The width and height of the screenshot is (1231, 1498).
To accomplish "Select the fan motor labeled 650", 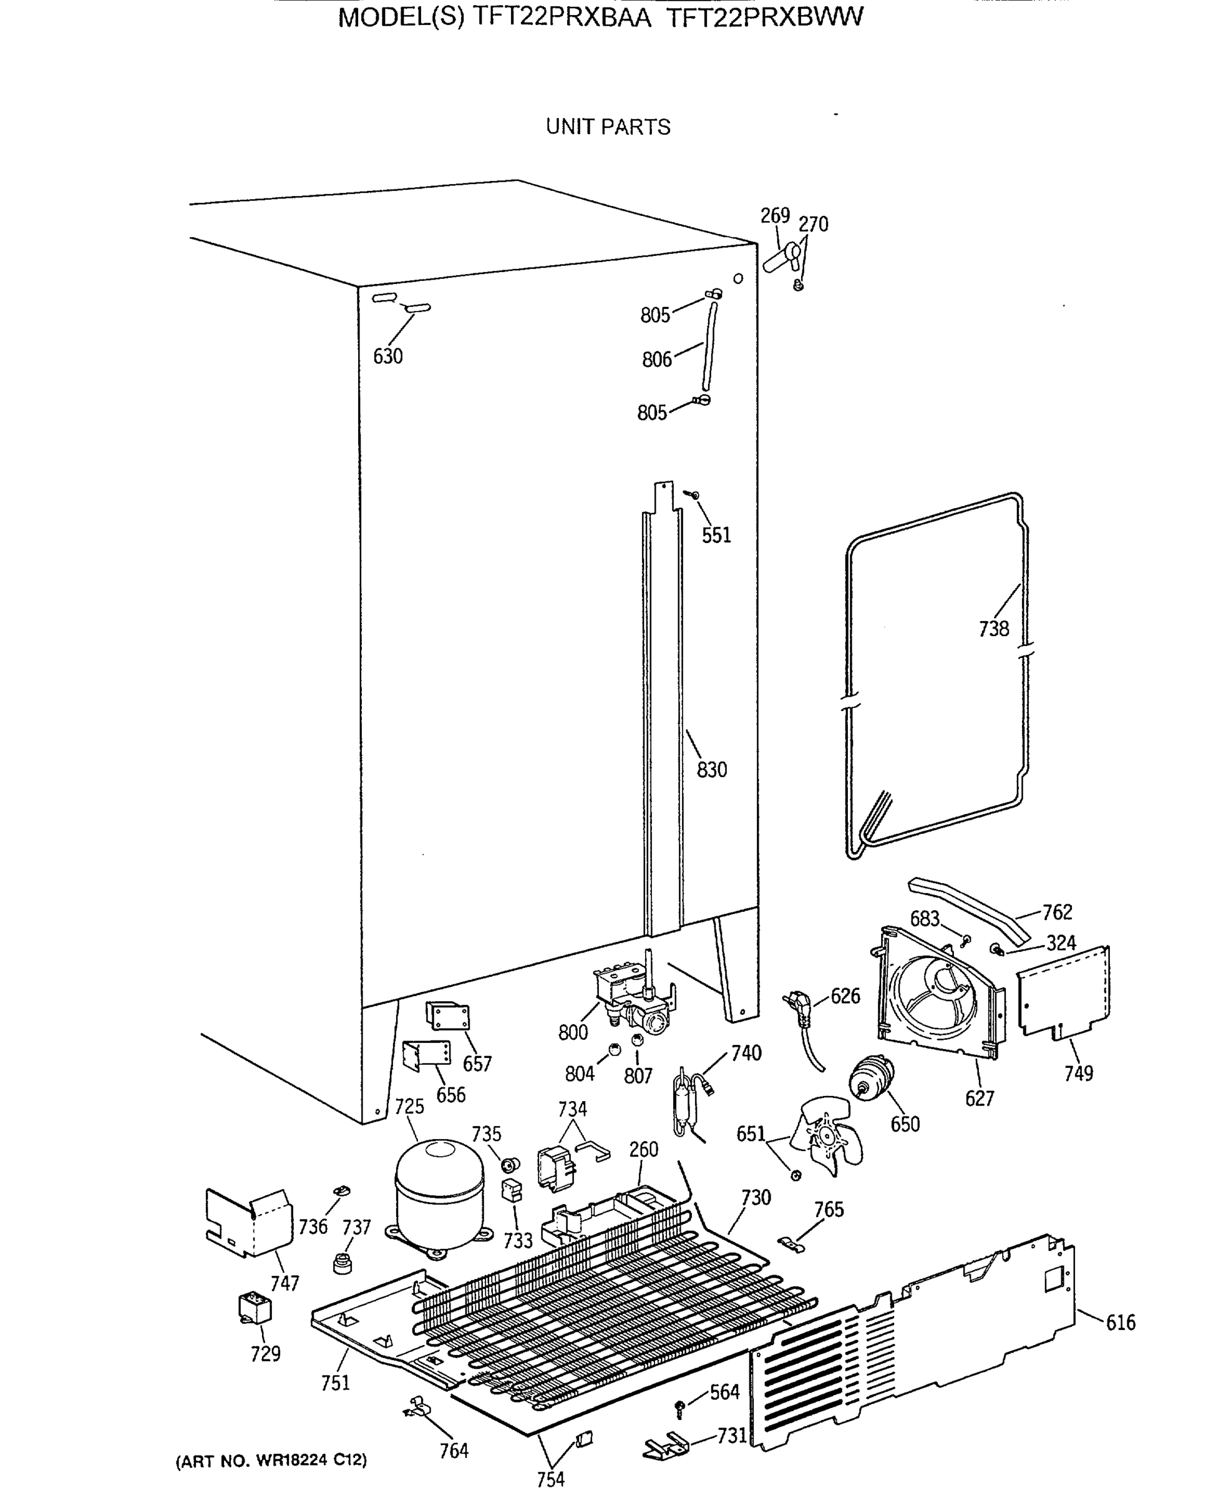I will (x=871, y=1079).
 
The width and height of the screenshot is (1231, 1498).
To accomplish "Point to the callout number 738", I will (x=993, y=629).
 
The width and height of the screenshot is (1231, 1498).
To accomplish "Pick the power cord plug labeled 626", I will (x=800, y=1014).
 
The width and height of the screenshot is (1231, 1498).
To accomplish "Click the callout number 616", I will (x=1121, y=1322).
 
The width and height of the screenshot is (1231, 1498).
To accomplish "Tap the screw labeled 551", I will (x=692, y=494).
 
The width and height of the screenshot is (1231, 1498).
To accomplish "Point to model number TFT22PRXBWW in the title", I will (x=764, y=17).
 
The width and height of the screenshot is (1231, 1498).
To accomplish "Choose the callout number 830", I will (x=711, y=770).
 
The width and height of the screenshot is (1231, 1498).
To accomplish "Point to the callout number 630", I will (x=388, y=356).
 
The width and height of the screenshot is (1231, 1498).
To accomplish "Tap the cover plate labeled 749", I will (x=1064, y=993).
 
